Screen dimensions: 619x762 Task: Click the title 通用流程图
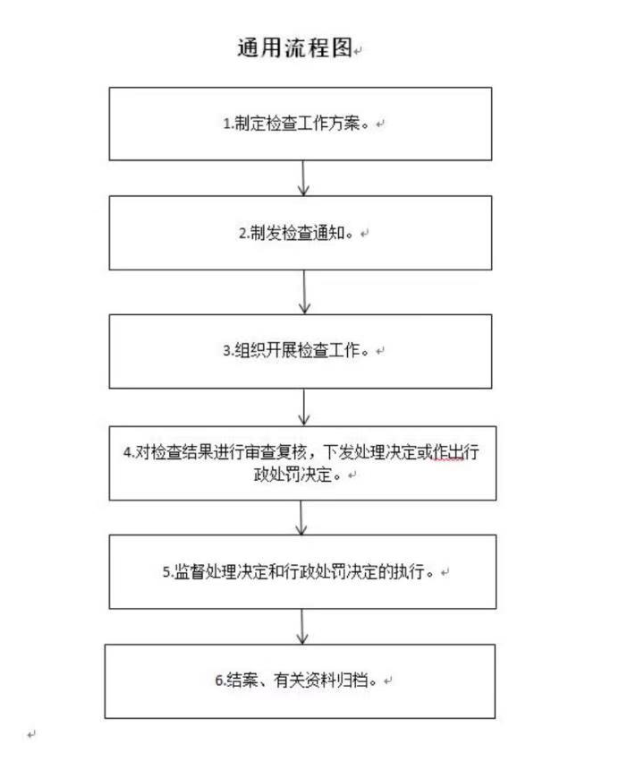(294, 48)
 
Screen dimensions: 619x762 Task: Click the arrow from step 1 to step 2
(303, 178)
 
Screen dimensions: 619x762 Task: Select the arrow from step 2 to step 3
(304, 292)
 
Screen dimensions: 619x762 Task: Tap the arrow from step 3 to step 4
(304, 407)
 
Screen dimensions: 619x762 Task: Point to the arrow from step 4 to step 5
(301, 518)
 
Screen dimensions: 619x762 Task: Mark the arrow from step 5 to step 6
(302, 627)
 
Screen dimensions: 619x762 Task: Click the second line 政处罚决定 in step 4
(293, 475)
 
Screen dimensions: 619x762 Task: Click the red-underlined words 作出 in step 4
(447, 452)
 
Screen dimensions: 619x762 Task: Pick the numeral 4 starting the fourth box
(127, 452)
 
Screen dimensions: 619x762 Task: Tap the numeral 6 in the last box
(219, 681)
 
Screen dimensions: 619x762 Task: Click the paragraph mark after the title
(358, 50)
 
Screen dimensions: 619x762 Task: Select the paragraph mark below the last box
(31, 734)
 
